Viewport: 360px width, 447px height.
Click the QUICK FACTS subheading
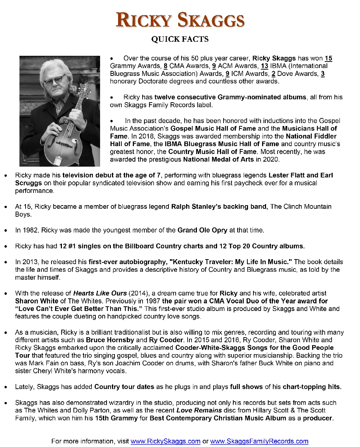[x=180, y=39]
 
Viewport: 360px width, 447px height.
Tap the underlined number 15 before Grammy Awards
[x=328, y=58]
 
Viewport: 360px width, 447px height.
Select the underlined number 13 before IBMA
[x=264, y=66]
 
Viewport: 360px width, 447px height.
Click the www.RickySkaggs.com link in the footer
[x=165, y=441]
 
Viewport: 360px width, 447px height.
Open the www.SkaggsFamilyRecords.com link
[x=259, y=441]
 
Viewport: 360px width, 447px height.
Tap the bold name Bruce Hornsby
[x=110, y=340]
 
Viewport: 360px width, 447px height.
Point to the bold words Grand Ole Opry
[x=202, y=230]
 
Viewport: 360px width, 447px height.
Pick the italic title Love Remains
[x=199, y=410]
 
